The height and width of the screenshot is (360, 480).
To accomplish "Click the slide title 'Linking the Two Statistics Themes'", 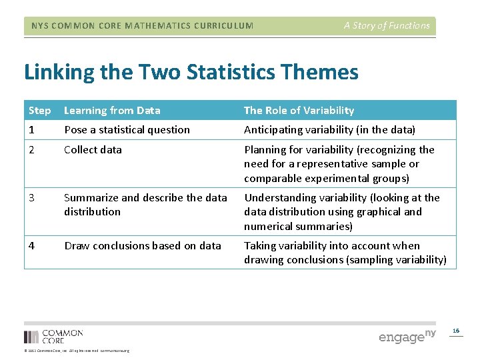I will click(x=191, y=72).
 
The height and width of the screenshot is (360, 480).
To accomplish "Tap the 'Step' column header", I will click(x=39, y=110).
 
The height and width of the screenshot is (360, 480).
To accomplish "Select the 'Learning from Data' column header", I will click(x=112, y=110).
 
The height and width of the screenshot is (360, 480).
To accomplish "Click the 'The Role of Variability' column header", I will click(x=299, y=110).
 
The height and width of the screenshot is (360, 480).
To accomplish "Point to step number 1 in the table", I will click(x=31, y=129).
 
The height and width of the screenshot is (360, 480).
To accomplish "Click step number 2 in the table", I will click(x=32, y=149).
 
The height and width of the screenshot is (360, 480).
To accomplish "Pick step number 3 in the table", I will click(x=32, y=197).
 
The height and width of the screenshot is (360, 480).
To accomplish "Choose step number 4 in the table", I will click(x=32, y=245).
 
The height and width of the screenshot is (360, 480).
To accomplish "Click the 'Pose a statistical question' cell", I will click(x=127, y=129).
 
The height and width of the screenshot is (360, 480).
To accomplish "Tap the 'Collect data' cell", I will click(x=93, y=149).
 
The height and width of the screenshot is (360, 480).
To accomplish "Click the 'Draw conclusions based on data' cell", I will click(x=142, y=245).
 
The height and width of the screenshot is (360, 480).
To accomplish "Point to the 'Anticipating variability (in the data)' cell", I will click(x=329, y=129).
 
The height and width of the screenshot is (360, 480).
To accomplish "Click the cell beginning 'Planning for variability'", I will click(x=339, y=164).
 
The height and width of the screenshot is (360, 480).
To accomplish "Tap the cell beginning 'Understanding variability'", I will click(x=341, y=212).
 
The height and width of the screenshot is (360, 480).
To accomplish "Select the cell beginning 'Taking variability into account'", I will click(x=345, y=253).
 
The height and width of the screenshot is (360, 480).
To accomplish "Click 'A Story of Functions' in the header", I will click(x=387, y=25).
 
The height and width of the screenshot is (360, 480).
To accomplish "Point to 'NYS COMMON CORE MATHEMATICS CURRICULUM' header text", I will click(x=142, y=26).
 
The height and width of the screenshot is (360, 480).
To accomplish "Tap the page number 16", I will click(x=456, y=331).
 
